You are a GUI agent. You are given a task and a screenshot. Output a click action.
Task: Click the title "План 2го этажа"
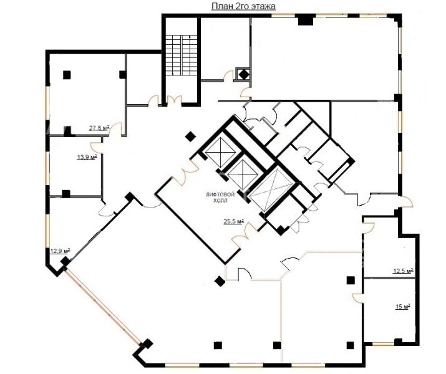(x=243, y=6)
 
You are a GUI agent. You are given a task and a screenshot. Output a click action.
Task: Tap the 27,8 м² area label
(x=99, y=128)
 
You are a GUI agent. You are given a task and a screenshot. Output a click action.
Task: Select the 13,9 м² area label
(x=87, y=156)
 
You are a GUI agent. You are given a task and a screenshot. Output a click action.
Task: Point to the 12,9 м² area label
(x=60, y=251)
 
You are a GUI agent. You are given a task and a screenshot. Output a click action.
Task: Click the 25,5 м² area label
(x=234, y=221)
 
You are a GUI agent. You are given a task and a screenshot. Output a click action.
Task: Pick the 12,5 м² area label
(x=403, y=271)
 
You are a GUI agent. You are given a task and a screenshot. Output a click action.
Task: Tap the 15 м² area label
(x=402, y=306)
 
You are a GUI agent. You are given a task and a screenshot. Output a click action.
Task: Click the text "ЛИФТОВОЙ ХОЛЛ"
(x=220, y=197)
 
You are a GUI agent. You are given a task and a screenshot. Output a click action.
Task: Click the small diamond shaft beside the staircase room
(x=244, y=75)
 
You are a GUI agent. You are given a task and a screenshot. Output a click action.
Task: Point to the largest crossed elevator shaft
(x=270, y=190)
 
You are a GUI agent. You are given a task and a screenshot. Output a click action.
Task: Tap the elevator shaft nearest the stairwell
(x=220, y=152)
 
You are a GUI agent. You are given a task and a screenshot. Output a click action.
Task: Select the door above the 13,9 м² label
(x=97, y=145)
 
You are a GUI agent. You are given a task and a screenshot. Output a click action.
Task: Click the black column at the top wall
(x=306, y=20)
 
